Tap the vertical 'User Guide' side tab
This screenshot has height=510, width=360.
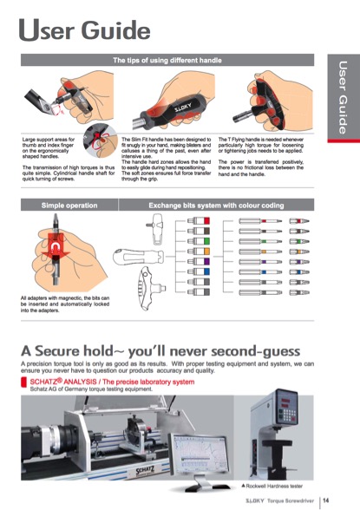[x=343, y=100]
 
